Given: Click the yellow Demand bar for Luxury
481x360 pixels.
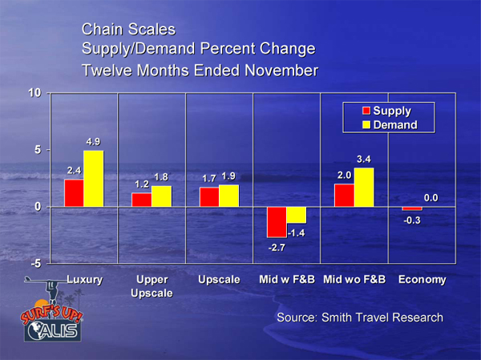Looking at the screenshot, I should click(x=94, y=179).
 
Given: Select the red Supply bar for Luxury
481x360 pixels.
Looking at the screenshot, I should click(x=74, y=192).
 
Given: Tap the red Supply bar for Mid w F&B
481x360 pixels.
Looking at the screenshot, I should click(x=277, y=221).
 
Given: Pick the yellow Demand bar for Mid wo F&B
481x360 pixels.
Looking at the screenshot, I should click(x=364, y=187).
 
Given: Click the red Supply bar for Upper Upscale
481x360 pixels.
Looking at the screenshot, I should click(x=141, y=200).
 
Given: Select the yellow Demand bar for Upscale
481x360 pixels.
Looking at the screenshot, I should click(x=229, y=196).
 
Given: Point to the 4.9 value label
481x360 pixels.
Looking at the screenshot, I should click(x=94, y=142).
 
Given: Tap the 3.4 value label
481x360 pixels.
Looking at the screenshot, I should click(x=365, y=160).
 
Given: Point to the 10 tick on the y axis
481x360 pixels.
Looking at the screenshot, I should click(x=34, y=93).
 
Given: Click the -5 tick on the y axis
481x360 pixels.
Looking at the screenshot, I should click(x=34, y=264).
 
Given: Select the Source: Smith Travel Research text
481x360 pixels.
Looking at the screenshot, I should click(x=359, y=318).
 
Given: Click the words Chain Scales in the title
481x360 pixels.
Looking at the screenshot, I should click(x=128, y=30).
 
